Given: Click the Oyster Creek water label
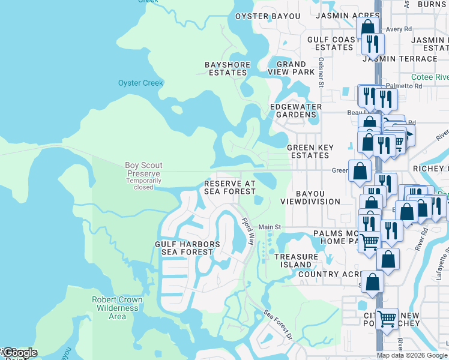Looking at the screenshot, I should click(x=140, y=83).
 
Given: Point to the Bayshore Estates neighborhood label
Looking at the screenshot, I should click(x=226, y=68).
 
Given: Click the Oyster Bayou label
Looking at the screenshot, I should click(x=267, y=16).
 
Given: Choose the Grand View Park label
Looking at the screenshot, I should click(x=295, y=68).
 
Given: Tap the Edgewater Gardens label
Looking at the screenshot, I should click(x=295, y=110).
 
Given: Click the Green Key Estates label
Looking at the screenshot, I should click(x=308, y=151).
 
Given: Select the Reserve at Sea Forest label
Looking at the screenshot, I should click(x=230, y=187).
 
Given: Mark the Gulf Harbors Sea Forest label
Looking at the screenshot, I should click(x=187, y=248).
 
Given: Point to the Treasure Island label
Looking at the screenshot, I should click(x=296, y=260).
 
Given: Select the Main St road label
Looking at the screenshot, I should click(x=270, y=227).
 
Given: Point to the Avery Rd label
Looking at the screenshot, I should click(x=399, y=29).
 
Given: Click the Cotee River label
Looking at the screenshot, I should click(x=430, y=77).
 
